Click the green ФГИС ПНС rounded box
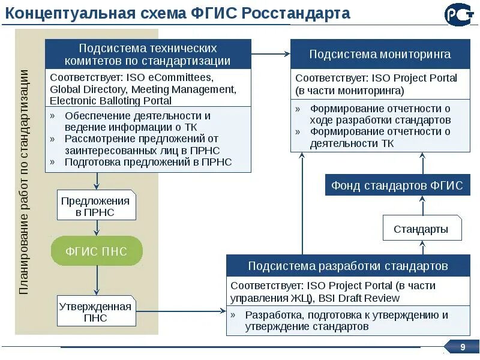click(97, 251)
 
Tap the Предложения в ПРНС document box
click(95, 206)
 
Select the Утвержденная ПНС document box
click(95, 312)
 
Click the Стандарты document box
click(421, 229)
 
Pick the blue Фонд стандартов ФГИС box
click(397, 185)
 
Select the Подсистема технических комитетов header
click(148, 54)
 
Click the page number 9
click(463, 347)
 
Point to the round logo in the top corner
click(458, 14)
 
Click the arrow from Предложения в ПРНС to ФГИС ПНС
click(97, 228)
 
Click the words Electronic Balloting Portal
click(111, 101)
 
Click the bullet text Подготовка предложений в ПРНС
click(148, 162)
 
